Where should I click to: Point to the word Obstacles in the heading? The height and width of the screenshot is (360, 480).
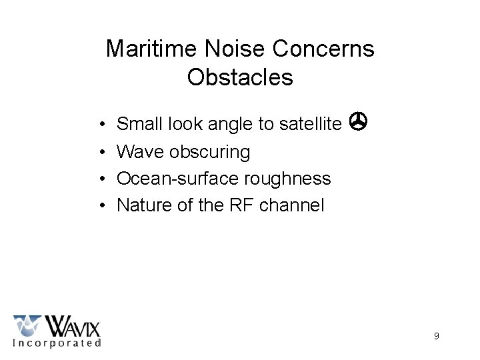[240, 77]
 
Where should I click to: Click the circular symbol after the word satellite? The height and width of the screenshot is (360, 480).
[359, 121]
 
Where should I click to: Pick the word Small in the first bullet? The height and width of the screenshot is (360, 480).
[136, 123]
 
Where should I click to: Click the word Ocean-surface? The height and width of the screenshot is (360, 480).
[171, 179]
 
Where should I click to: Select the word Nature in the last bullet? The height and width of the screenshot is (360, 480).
[141, 205]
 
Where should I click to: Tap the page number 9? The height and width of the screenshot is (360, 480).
[436, 336]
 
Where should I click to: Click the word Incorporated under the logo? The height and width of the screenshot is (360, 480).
[57, 343]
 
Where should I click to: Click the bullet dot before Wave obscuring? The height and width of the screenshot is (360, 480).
[98, 152]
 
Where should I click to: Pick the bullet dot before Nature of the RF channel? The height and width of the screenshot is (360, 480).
[98, 206]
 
